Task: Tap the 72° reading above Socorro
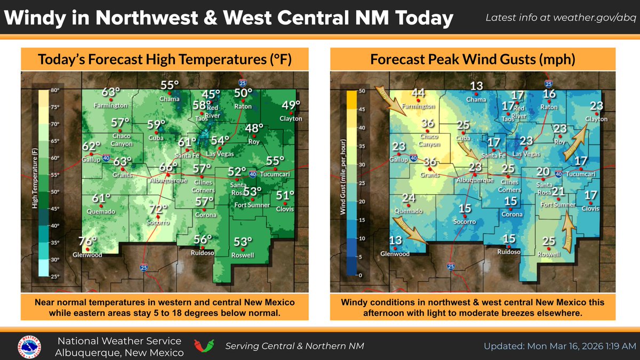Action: (x=155, y=209)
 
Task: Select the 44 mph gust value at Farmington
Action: (x=419, y=93)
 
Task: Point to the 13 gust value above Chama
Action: (x=476, y=87)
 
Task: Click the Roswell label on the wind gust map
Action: (x=549, y=254)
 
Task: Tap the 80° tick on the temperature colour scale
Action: (x=55, y=91)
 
